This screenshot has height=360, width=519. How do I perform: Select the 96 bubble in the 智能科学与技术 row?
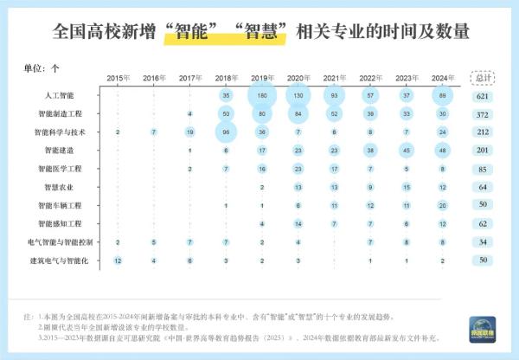pyautogui.click(x=226, y=132)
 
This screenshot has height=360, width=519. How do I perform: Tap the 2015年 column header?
pyautogui.click(x=118, y=78)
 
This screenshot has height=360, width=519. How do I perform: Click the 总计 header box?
pyautogui.click(x=482, y=77)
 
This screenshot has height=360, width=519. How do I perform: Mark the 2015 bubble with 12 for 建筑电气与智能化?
pyautogui.click(x=118, y=260)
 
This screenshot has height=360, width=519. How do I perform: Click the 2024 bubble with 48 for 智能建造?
pyautogui.click(x=443, y=150)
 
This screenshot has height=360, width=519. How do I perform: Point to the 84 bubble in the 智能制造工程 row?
pyautogui.click(x=298, y=113)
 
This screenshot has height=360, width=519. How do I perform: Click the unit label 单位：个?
pyautogui.click(x=44, y=67)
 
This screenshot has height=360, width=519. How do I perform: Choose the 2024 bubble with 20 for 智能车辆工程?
pyautogui.click(x=443, y=205)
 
